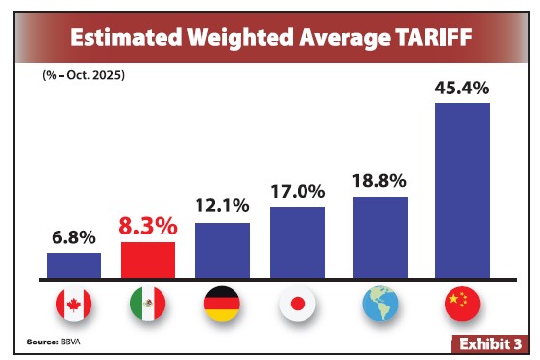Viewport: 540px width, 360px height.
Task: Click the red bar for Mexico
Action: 148,261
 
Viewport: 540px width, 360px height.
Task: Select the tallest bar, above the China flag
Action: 462,191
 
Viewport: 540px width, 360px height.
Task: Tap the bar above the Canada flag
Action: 74,266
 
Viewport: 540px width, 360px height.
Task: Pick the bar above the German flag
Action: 223,251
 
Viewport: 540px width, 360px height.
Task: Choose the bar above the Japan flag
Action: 297,242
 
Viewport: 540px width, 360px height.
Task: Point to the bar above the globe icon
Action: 379,237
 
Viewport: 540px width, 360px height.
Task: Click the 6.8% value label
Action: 74,236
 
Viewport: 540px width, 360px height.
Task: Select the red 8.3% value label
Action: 148,226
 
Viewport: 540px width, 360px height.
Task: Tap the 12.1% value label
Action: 223,206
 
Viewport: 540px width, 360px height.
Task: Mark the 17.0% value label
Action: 297,191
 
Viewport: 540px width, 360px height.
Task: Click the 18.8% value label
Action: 379,181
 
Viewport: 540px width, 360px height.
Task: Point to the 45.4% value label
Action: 462,88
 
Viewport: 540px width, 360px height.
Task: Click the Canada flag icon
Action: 74,306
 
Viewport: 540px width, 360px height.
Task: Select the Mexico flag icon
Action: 148,306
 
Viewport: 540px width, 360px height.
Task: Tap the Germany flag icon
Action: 223,306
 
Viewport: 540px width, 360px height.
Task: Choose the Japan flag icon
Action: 297,306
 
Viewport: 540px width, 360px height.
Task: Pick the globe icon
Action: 379,306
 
